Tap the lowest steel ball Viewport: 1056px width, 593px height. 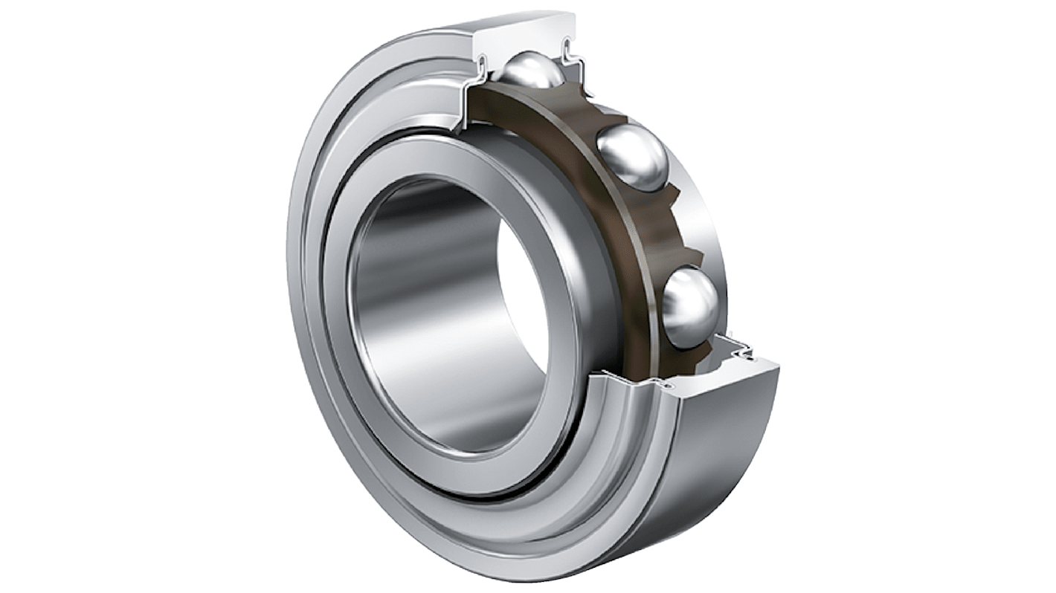tap(690, 306)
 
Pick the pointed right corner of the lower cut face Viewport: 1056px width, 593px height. tap(777, 366)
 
